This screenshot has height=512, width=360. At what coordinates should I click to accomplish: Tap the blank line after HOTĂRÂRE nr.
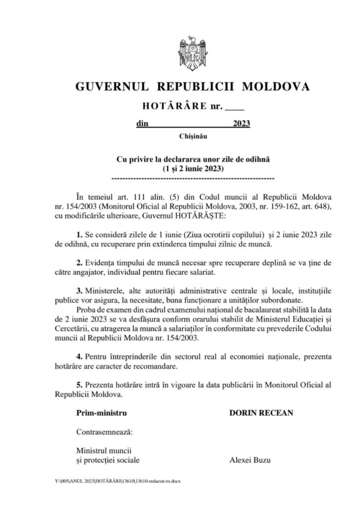pyautogui.click(x=234, y=106)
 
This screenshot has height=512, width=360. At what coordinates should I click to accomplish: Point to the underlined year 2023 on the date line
pyautogui.click(x=241, y=124)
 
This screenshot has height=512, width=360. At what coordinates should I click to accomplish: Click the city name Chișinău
pyautogui.click(x=193, y=137)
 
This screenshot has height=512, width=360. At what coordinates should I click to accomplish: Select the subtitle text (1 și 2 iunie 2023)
pyautogui.click(x=193, y=168)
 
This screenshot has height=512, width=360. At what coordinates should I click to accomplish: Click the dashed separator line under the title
pyautogui.click(x=193, y=179)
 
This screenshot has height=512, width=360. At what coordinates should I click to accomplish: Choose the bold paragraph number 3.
pyautogui.click(x=79, y=290)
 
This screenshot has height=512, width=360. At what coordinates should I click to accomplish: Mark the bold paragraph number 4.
pyautogui.click(x=79, y=356)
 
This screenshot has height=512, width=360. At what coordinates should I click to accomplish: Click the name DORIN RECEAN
pyautogui.click(x=261, y=413)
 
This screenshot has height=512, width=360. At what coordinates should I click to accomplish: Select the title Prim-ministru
pyautogui.click(x=102, y=413)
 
